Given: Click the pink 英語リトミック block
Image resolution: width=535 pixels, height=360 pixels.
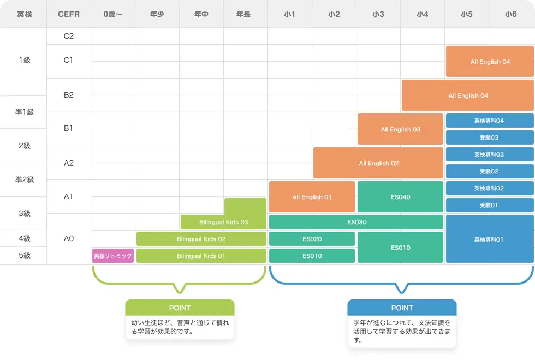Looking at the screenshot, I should tap(113, 256).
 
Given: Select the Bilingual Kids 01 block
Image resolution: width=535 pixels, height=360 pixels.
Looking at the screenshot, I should tap(201, 256).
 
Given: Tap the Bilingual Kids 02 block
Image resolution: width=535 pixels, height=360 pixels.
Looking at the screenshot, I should tap(201, 239).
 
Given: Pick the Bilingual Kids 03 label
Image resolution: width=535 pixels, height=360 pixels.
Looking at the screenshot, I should tap(223, 222).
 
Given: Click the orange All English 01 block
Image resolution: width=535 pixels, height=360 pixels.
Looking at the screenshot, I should tap(312, 197).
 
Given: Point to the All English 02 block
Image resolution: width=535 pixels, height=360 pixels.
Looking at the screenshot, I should tap(378, 163).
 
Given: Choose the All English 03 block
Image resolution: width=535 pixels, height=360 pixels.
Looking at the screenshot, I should tap(400, 129).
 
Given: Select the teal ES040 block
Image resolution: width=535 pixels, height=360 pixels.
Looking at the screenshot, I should tap(400, 197).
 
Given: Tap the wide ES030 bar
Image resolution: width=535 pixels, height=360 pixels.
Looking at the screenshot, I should tap(356, 222).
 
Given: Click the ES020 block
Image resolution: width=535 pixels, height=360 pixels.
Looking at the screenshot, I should tap(312, 239).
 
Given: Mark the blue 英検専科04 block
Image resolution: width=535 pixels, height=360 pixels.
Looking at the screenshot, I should tap(489, 121).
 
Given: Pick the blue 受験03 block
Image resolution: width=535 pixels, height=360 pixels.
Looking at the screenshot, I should tap(489, 137).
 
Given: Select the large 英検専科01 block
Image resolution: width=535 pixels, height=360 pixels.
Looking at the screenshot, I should tap(489, 239).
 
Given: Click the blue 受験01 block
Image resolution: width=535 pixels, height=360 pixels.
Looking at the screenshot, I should tap(489, 205).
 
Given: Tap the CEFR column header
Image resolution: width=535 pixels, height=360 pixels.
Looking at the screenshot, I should tap(68, 14).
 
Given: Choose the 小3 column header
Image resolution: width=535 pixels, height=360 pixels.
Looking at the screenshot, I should tap(378, 14).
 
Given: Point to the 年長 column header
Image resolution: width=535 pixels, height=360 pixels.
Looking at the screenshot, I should tap(245, 14).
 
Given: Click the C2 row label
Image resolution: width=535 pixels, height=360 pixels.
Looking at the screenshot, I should tap(68, 37).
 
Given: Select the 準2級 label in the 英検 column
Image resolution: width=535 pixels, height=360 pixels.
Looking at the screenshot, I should tap(24, 179).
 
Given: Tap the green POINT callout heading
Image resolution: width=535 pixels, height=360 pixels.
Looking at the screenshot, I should tap(180, 308).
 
